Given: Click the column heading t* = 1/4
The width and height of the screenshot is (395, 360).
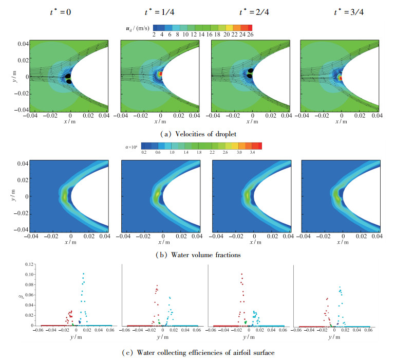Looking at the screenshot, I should pyautogui.click(x=160, y=10).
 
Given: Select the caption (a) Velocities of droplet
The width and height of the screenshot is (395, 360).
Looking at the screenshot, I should pyautogui.click(x=200, y=135).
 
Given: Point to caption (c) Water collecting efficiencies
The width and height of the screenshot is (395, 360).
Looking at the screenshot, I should pyautogui.click(x=200, y=352).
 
